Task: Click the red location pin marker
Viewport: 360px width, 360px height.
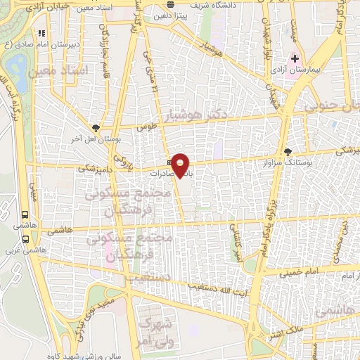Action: point(181,164)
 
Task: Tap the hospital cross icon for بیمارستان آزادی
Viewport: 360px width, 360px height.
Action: point(295,58)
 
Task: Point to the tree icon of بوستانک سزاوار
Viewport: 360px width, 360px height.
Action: point(288,151)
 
